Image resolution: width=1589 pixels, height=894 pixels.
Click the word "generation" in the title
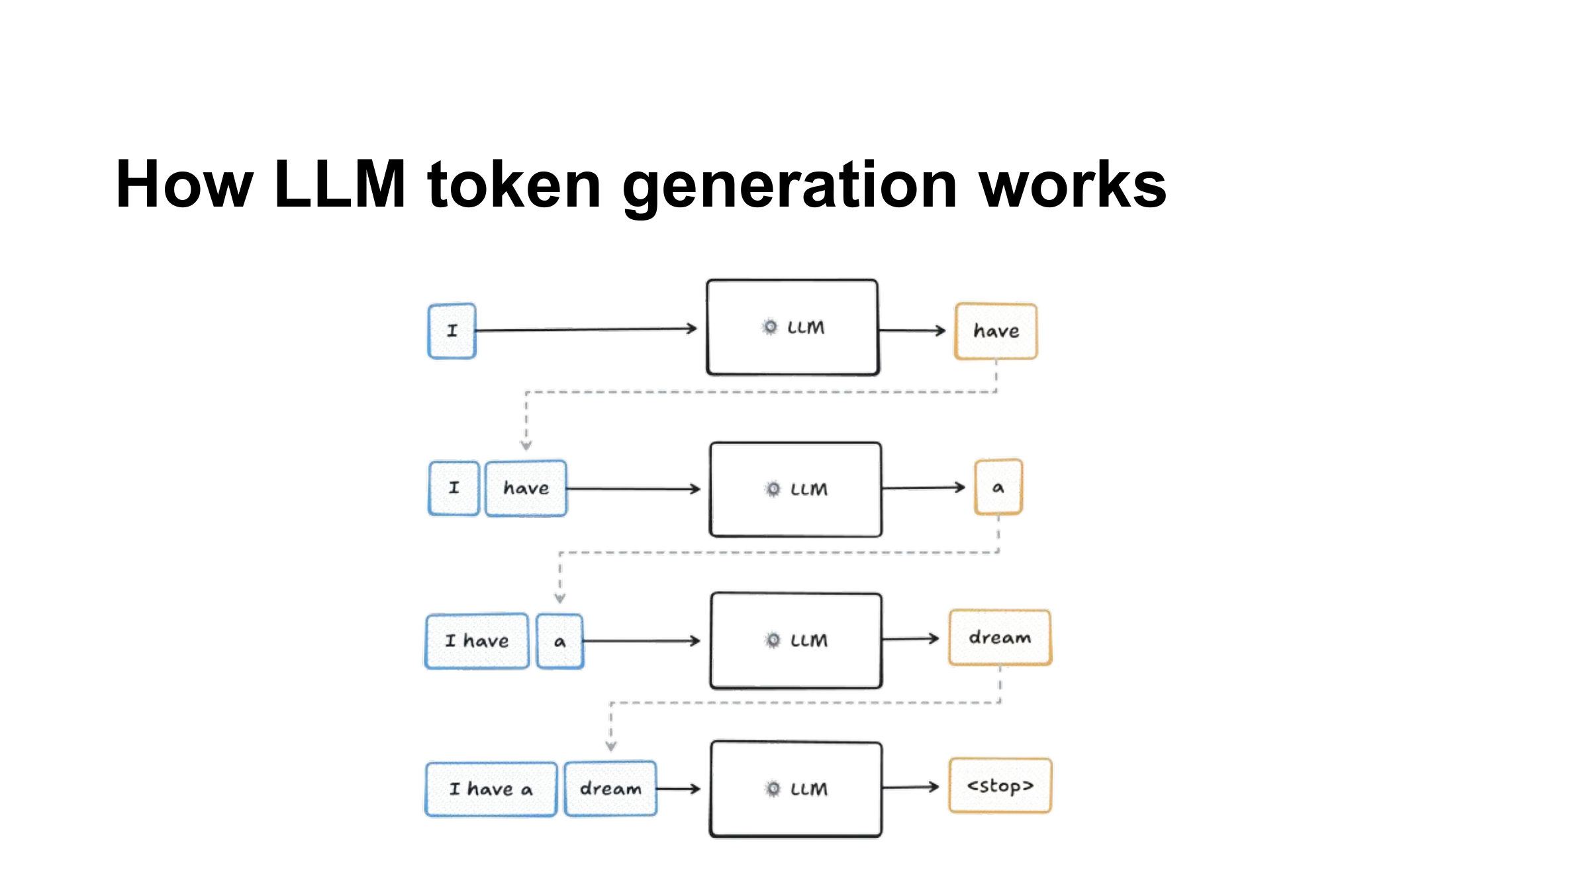(790, 189)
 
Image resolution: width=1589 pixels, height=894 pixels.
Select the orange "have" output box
(996, 331)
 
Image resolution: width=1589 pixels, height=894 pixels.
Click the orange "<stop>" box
(1000, 786)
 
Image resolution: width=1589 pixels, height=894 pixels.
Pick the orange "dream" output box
(1000, 637)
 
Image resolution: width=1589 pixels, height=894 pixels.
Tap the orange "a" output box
(998, 487)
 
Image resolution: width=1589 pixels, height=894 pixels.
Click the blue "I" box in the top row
(452, 331)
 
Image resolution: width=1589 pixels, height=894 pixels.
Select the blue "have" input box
(526, 489)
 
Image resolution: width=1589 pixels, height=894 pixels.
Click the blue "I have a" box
(491, 789)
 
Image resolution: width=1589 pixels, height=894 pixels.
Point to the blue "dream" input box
(610, 789)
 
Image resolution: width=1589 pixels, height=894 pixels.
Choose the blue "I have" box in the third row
(477, 641)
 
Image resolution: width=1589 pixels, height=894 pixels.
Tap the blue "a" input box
(560, 641)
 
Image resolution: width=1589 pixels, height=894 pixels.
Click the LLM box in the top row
(793, 327)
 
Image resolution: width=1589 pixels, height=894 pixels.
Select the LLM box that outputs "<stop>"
(796, 789)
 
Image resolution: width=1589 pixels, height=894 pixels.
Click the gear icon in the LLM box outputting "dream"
(773, 640)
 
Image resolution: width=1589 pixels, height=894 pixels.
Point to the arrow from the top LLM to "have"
(912, 330)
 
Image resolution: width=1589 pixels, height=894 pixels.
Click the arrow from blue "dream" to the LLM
(679, 789)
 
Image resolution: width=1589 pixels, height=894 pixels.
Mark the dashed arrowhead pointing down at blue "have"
(526, 445)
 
